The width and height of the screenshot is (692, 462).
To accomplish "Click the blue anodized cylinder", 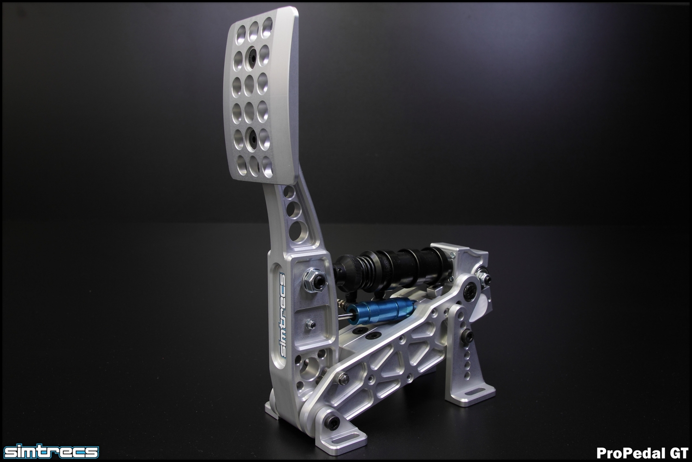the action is [x=382, y=312].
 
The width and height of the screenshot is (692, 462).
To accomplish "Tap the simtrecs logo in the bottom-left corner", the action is [x=51, y=452].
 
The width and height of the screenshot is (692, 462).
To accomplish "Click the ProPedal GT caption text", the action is [x=642, y=452].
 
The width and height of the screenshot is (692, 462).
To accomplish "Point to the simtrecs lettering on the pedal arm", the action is [x=282, y=316].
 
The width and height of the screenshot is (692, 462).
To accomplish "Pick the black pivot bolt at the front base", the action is [x=334, y=421].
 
